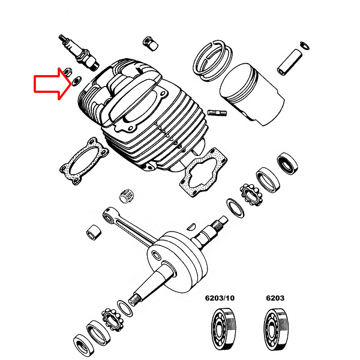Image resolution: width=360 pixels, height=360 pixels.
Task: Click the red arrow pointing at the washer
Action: (x=52, y=84)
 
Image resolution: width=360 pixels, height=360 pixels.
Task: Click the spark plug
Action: (x=79, y=52)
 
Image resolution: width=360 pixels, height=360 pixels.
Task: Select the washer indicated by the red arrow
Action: (x=76, y=81)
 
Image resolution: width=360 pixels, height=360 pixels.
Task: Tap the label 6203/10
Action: (x=220, y=298)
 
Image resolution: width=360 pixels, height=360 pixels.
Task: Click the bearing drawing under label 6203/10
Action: (x=223, y=329)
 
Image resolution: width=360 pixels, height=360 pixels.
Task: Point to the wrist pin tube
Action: (x=290, y=62)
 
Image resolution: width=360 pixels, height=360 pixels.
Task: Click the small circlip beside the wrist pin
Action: (x=305, y=46)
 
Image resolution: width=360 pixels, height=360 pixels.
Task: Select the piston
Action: (x=252, y=94)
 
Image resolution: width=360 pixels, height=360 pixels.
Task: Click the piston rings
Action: (x=212, y=61)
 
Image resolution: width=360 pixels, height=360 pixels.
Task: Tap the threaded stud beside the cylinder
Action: (x=217, y=113)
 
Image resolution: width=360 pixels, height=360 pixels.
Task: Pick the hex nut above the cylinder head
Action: (x=150, y=43)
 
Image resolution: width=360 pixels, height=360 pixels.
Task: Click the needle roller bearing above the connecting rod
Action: (x=125, y=196)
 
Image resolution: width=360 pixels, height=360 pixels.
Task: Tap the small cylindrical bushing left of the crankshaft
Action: (x=94, y=232)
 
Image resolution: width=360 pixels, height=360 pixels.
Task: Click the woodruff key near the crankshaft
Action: (x=191, y=227)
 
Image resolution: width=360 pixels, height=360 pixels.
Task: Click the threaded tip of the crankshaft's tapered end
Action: (x=134, y=299)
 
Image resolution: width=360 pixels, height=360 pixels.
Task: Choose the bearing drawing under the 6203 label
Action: (x=276, y=329)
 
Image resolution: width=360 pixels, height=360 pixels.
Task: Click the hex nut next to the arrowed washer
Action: (x=68, y=72)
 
